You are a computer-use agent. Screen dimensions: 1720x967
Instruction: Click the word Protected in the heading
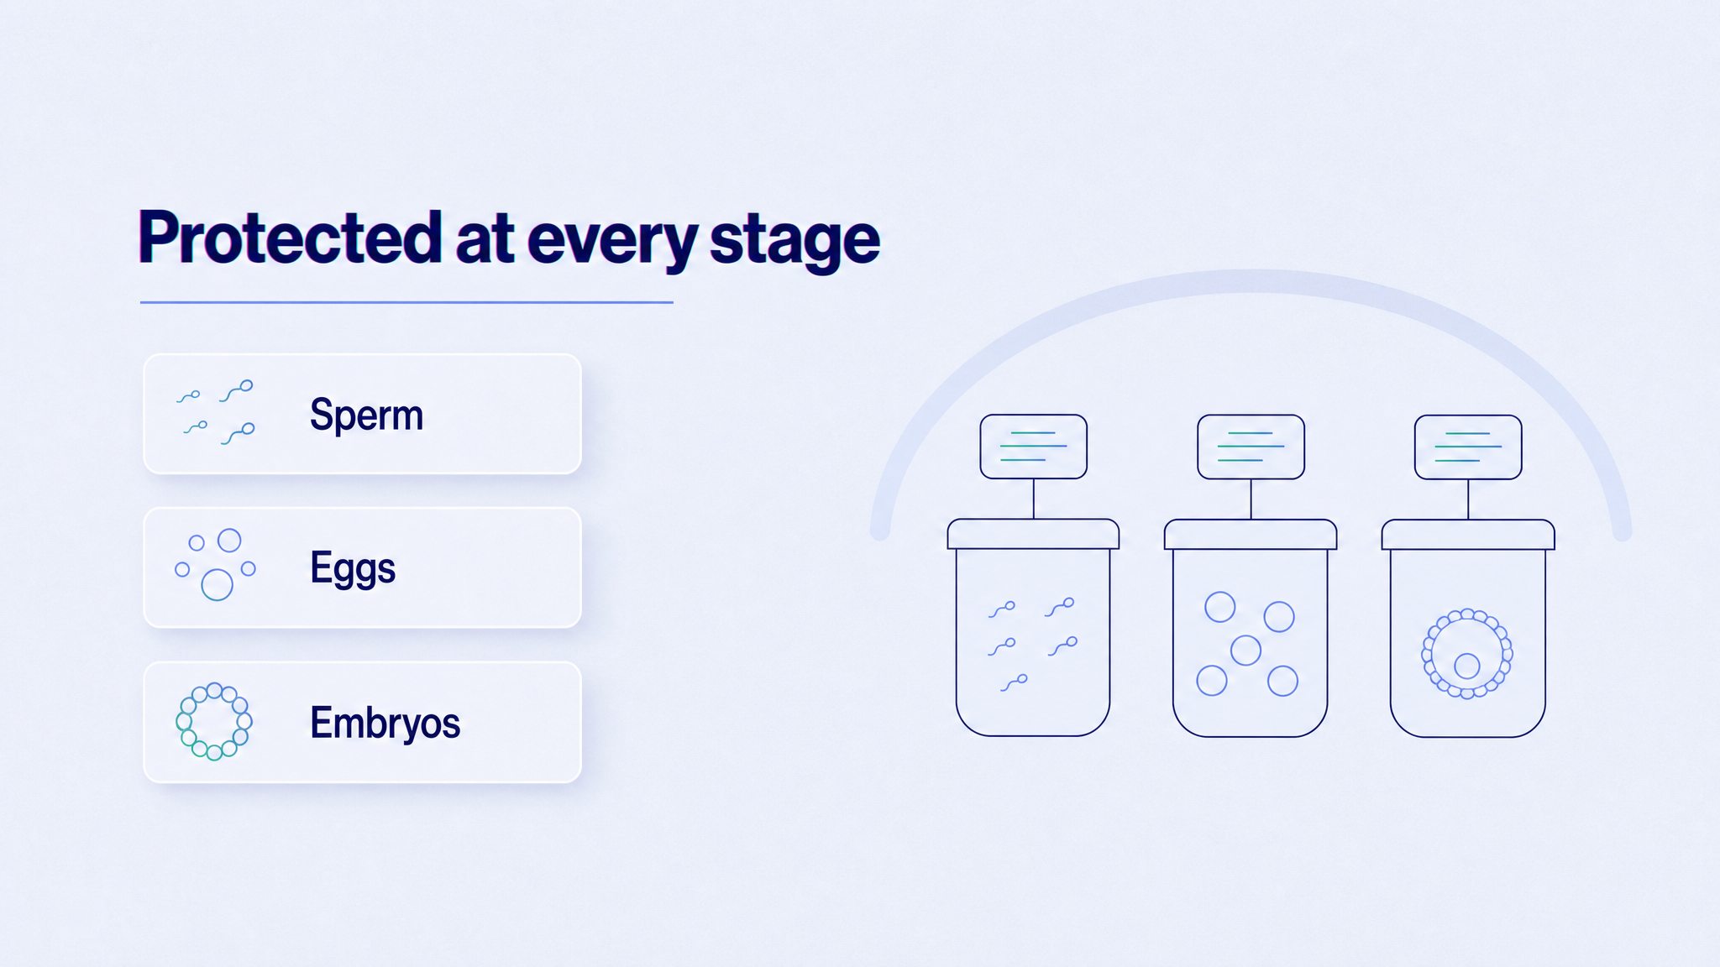coord(290,238)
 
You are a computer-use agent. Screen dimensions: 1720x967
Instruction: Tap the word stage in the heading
coord(794,242)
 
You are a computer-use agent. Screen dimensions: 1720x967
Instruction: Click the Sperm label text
coord(366,415)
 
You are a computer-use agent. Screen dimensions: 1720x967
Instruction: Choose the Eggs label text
coord(353,568)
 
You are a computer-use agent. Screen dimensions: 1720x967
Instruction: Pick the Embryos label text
coord(385,723)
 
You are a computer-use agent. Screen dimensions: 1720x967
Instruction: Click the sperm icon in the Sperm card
coord(216,412)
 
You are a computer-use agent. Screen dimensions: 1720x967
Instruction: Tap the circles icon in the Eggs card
coord(215,564)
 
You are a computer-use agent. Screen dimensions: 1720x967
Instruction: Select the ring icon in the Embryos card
coord(214,722)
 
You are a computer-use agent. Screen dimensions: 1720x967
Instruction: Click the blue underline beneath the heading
coord(406,302)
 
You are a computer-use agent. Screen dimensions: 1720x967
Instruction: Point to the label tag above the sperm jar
coord(1034,447)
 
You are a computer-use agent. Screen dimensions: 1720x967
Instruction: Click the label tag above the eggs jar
coord(1251,447)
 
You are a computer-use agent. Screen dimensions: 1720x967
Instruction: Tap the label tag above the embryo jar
coord(1468,447)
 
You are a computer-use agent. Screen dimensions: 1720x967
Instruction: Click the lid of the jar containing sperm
coord(1033,534)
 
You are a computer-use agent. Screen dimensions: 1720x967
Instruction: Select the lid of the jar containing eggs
coord(1251,535)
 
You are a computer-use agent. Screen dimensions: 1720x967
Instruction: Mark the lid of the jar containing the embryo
coord(1468,535)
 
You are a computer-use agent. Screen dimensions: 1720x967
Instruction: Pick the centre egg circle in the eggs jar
coord(1245,650)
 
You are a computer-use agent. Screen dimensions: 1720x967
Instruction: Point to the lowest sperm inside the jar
coord(1015,682)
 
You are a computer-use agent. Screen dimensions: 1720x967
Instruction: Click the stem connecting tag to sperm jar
coord(1034,499)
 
